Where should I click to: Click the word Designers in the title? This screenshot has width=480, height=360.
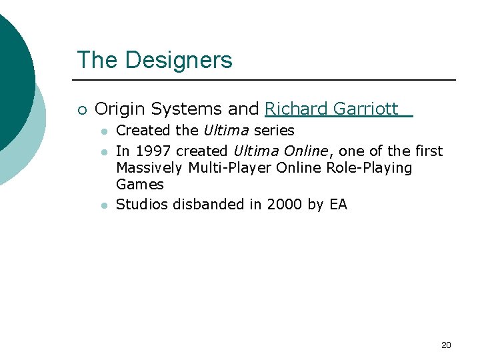(178, 60)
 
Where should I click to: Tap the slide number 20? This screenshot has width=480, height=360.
(446, 345)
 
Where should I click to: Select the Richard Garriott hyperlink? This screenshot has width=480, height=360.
(331, 109)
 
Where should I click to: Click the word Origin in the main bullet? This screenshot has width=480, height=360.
(117, 109)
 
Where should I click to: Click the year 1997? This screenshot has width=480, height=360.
(151, 151)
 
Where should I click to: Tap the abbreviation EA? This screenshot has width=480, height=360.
(339, 204)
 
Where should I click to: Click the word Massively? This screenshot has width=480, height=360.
(150, 167)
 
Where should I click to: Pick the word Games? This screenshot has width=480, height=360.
(140, 184)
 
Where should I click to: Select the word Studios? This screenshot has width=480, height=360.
(142, 204)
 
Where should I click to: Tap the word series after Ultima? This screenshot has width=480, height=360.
(274, 130)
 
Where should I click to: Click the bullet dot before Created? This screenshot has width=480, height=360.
(104, 131)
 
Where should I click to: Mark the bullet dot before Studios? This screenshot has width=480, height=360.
(104, 205)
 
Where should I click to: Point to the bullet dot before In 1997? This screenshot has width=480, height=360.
(104, 152)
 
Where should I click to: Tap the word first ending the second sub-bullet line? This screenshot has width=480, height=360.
(429, 151)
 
